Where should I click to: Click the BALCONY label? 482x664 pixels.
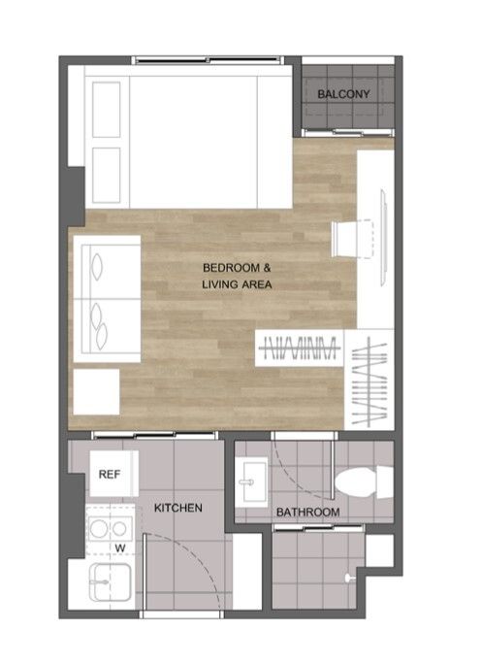[x=343, y=94]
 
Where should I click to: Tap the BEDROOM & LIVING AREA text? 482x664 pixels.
[x=237, y=276]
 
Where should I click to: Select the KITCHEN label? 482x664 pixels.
[x=177, y=508]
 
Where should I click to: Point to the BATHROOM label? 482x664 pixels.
[x=307, y=512]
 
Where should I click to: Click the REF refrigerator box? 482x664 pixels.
[x=113, y=474]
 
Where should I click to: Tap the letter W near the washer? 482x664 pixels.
[x=120, y=548]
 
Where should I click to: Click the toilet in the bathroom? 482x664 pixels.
[x=364, y=481]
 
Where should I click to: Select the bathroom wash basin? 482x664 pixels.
[x=252, y=481]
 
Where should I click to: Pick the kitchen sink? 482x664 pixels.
[x=110, y=581]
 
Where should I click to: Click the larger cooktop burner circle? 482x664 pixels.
[x=99, y=529]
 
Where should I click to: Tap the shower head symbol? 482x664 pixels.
[x=349, y=578]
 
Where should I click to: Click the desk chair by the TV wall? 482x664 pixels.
[x=352, y=239]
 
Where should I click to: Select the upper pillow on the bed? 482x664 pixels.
[x=107, y=110]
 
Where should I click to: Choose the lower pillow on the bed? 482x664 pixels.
[x=107, y=176]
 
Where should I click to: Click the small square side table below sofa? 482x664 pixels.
[x=96, y=392]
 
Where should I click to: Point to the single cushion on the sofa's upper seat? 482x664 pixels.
[x=97, y=267]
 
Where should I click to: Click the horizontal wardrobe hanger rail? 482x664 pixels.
[x=300, y=349]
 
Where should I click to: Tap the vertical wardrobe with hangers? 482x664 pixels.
[x=370, y=380]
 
